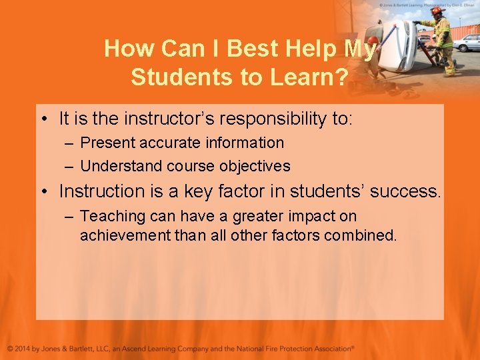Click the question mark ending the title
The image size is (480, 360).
[339, 77]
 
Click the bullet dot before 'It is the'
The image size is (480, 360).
[43, 120]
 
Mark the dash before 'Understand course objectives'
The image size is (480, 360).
[69, 166]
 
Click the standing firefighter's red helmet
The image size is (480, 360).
[437, 11]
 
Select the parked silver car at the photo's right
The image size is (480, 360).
[467, 42]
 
